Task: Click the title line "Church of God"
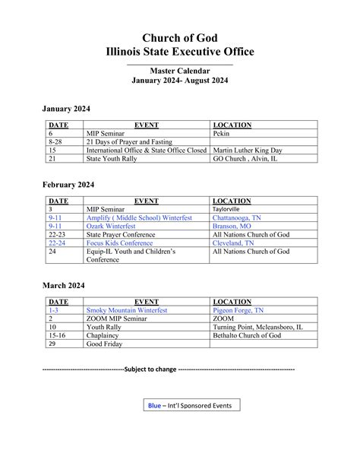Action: tap(179, 38)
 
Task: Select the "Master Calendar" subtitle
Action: tap(179, 71)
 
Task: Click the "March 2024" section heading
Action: tap(63, 285)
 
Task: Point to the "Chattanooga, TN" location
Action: tap(238, 217)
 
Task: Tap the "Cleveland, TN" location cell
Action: tap(234, 243)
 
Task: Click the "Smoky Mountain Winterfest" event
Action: tap(127, 310)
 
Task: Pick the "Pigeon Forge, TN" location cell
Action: tap(239, 310)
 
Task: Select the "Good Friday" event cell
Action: tap(107, 344)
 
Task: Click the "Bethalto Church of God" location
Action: tap(248, 335)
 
